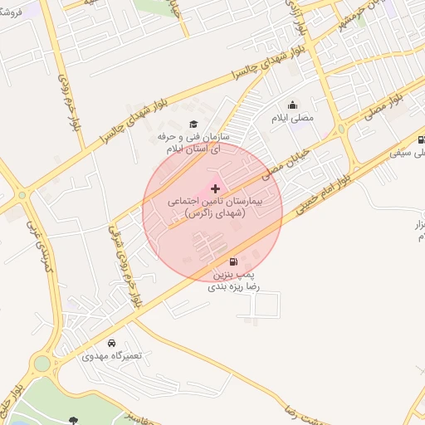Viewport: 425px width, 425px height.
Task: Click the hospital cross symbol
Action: [216, 189]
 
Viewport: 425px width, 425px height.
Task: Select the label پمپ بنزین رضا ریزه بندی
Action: [237, 280]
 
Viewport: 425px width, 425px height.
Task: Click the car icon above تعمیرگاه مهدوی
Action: [112, 343]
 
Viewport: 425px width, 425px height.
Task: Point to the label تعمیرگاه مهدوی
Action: [112, 355]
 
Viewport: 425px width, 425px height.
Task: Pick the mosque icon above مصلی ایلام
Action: [292, 105]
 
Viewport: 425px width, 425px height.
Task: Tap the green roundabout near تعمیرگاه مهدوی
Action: [42, 364]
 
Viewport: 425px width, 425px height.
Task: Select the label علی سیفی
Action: [417, 153]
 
